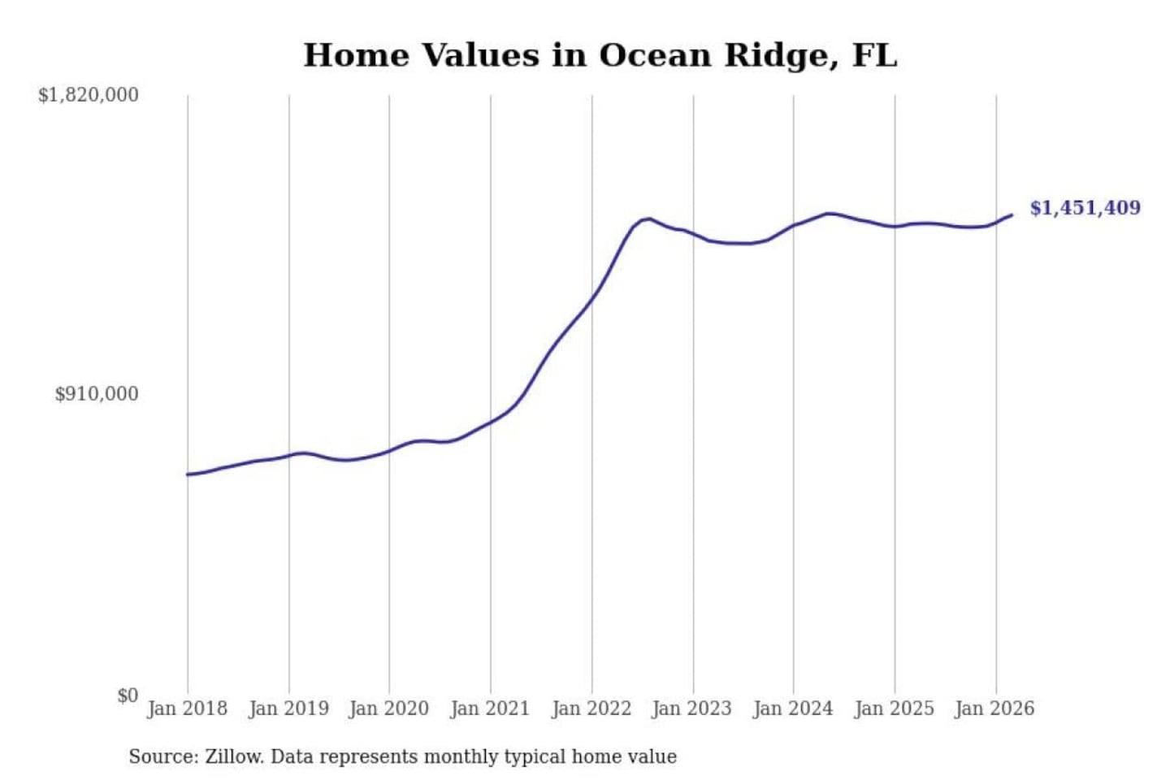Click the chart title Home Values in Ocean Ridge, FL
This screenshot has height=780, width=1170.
pos(600,55)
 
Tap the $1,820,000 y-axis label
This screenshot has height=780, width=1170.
pos(89,95)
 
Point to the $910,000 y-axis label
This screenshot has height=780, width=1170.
pos(97,394)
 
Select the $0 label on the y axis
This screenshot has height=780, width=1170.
pos(128,695)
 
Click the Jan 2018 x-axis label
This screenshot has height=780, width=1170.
pos(187,708)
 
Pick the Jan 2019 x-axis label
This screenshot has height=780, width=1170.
pos(288,708)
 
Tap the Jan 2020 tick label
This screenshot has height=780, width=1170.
pos(388,708)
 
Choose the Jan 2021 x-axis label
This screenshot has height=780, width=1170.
pos(490,708)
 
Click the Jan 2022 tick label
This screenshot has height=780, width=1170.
pos(591,708)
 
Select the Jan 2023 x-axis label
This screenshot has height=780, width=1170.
pos(692,708)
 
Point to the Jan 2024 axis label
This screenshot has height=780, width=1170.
pos(793,708)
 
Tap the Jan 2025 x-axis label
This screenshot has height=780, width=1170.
pos(895,708)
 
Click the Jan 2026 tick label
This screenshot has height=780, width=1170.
pos(995,708)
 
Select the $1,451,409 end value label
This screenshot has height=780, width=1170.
pos(1085,208)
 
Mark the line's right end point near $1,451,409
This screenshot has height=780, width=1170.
pos(1012,215)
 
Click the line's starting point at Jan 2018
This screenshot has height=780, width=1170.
pos(188,474)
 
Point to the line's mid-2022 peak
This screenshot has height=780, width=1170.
pos(647,219)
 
